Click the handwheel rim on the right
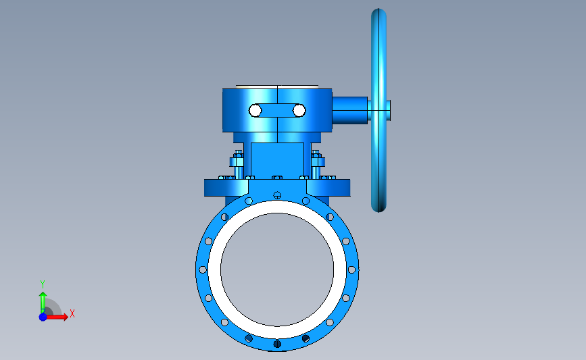pyautogui.click(x=379, y=56)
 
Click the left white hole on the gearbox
pyautogui.click(x=255, y=111)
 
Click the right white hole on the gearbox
pyautogui.click(x=299, y=111)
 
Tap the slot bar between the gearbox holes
pyautogui.click(x=277, y=111)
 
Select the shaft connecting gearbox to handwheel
pyautogui.click(x=350, y=110)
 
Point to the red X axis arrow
pyautogui.click(x=57, y=317)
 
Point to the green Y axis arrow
pyautogui.click(x=43, y=303)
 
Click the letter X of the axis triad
pyautogui.click(x=72, y=313)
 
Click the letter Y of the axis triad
pyautogui.click(x=43, y=284)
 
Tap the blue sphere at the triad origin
pyautogui.click(x=43, y=317)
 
